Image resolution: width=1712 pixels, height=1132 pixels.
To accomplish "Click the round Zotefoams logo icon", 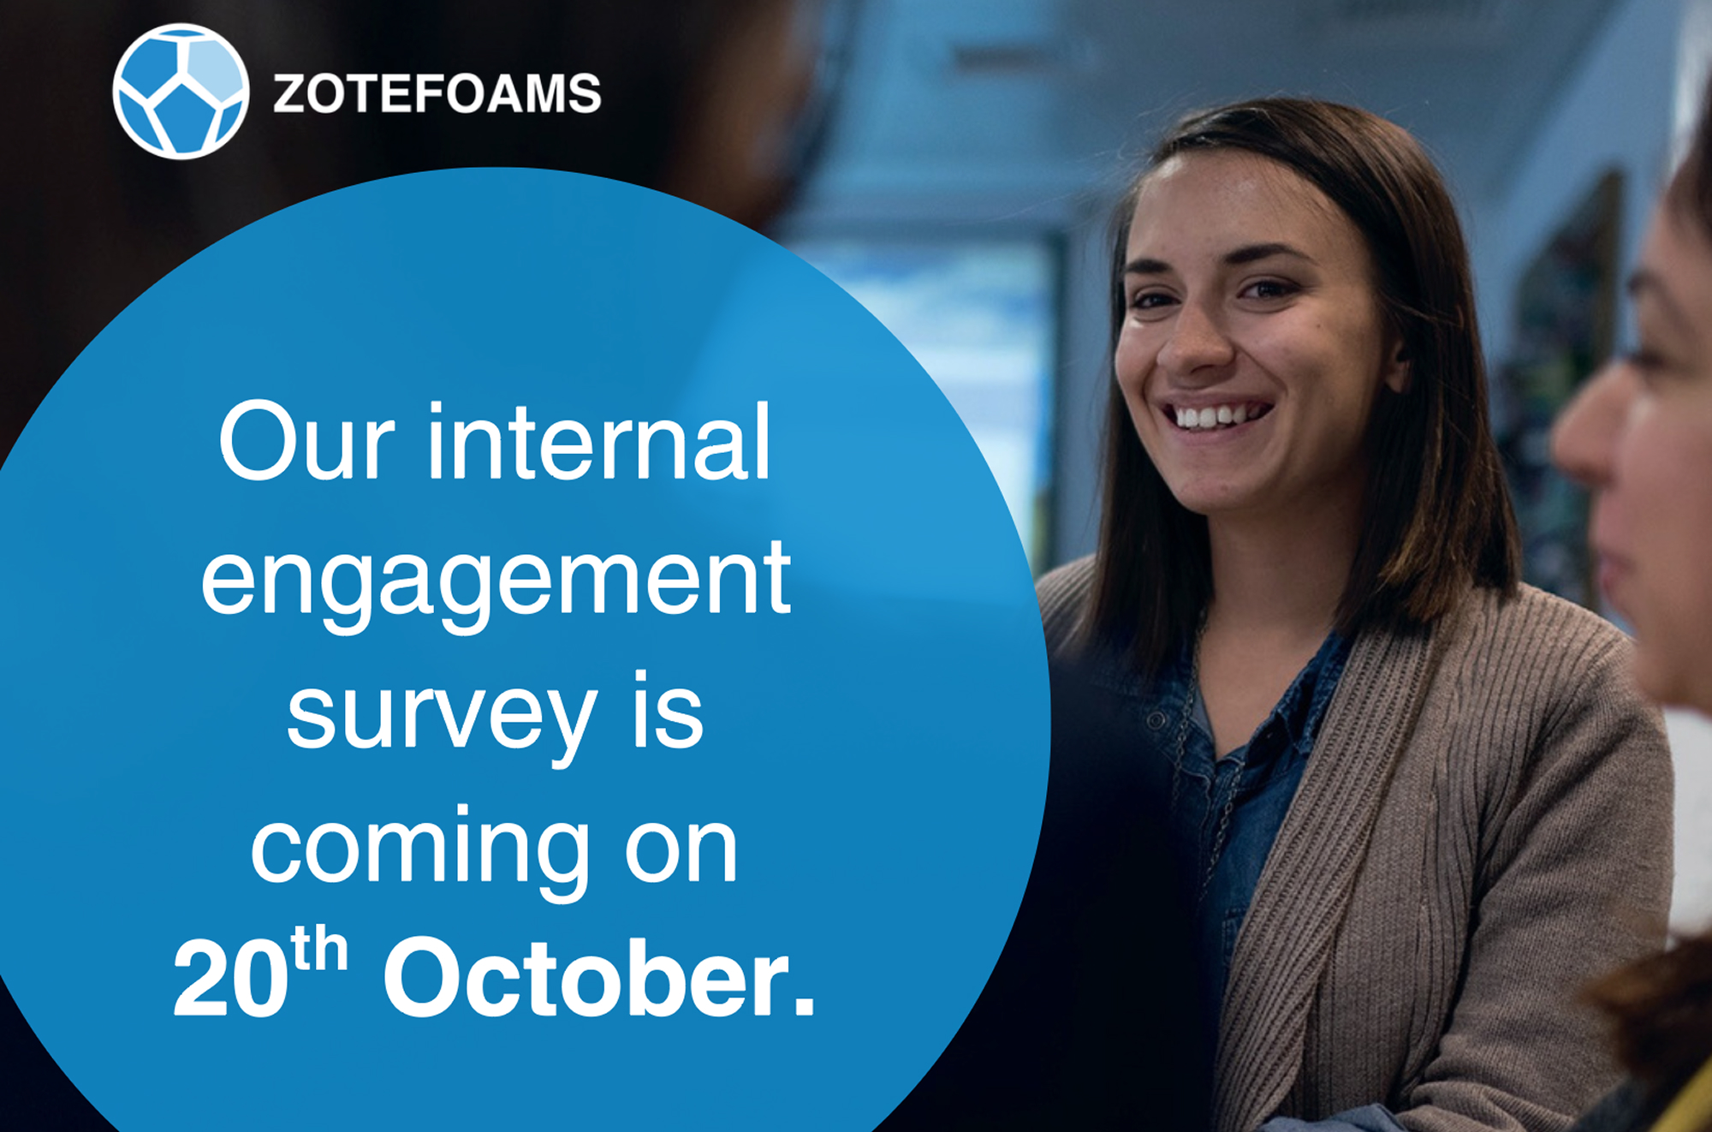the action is [x=181, y=92].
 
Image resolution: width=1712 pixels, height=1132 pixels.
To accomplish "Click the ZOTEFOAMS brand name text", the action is [x=437, y=93].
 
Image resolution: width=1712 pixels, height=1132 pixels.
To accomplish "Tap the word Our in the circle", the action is [x=306, y=442].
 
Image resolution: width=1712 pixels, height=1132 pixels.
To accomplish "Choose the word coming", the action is [x=420, y=852].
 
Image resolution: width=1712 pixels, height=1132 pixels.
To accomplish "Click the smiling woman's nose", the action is [x=1197, y=343].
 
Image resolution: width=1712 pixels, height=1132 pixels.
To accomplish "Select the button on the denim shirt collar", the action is [x=1155, y=721].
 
